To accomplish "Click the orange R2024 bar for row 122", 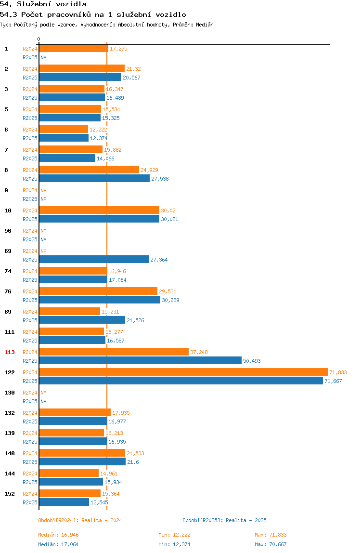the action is tap(183, 372).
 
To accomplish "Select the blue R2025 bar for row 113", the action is tap(141, 360).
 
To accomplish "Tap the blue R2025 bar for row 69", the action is tap(94, 259).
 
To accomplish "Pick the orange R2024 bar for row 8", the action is tap(89, 170).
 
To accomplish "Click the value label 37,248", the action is tap(199, 352).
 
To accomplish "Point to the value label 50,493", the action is tap(252, 361).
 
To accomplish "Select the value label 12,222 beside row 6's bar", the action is tap(98, 130).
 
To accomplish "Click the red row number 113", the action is tap(10, 352).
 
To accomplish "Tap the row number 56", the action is tap(8, 231).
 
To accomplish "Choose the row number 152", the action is tap(10, 494).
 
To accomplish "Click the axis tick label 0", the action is tap(39, 39).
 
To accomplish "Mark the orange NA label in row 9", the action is tap(43, 190).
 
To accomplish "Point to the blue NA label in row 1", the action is tap(43, 57).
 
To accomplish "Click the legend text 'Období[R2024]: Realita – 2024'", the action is tap(80, 520).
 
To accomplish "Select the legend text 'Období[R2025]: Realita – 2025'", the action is tap(225, 520).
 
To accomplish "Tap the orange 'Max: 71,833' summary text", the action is tap(271, 535).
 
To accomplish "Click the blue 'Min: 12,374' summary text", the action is tap(174, 544).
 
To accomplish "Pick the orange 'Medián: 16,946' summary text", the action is tap(59, 535).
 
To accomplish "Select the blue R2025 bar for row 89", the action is tap(82, 320).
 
